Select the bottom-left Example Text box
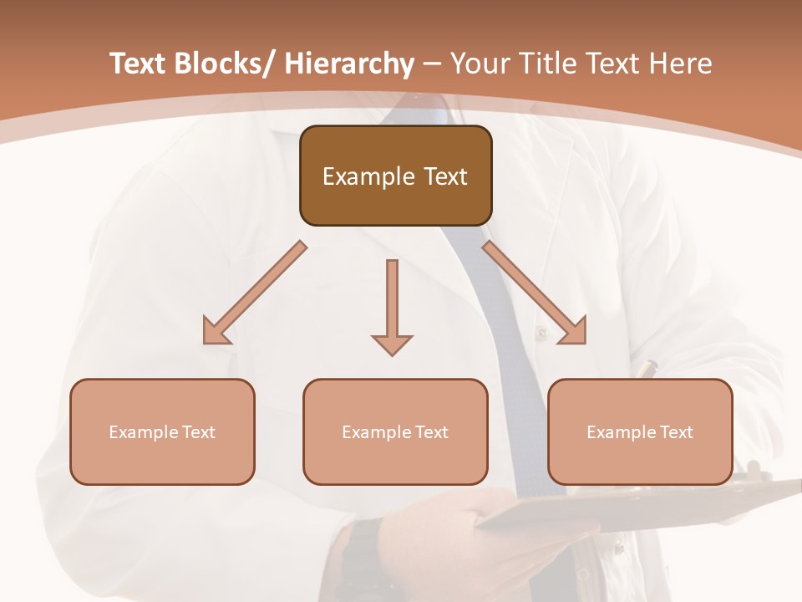[162, 431]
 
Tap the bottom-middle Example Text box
[395, 431]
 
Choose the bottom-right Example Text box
[640, 431]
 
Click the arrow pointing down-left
[255, 293]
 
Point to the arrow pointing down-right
[535, 293]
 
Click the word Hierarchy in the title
[349, 64]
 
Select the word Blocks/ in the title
[223, 64]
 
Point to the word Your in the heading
[479, 64]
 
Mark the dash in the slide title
[432, 64]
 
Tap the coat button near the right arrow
[541, 333]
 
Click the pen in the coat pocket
[647, 368]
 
